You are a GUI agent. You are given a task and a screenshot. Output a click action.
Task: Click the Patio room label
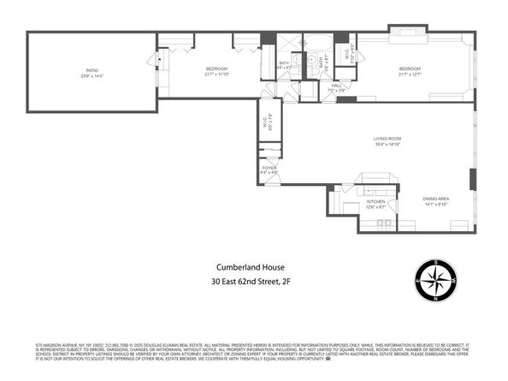point(92,71)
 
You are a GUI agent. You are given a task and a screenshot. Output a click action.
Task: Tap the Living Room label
point(387,139)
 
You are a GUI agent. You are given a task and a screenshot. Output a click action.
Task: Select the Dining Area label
point(436,199)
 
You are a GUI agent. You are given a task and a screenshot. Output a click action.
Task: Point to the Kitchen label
point(376,202)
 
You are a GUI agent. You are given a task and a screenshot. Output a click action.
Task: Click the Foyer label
point(269,167)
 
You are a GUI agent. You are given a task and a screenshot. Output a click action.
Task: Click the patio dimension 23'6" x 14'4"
point(92,77)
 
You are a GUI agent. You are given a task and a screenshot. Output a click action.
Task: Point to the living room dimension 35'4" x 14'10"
point(387,145)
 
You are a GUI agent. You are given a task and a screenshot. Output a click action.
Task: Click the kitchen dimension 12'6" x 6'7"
point(376,208)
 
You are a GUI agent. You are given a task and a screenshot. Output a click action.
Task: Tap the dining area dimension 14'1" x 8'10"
point(436,205)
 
